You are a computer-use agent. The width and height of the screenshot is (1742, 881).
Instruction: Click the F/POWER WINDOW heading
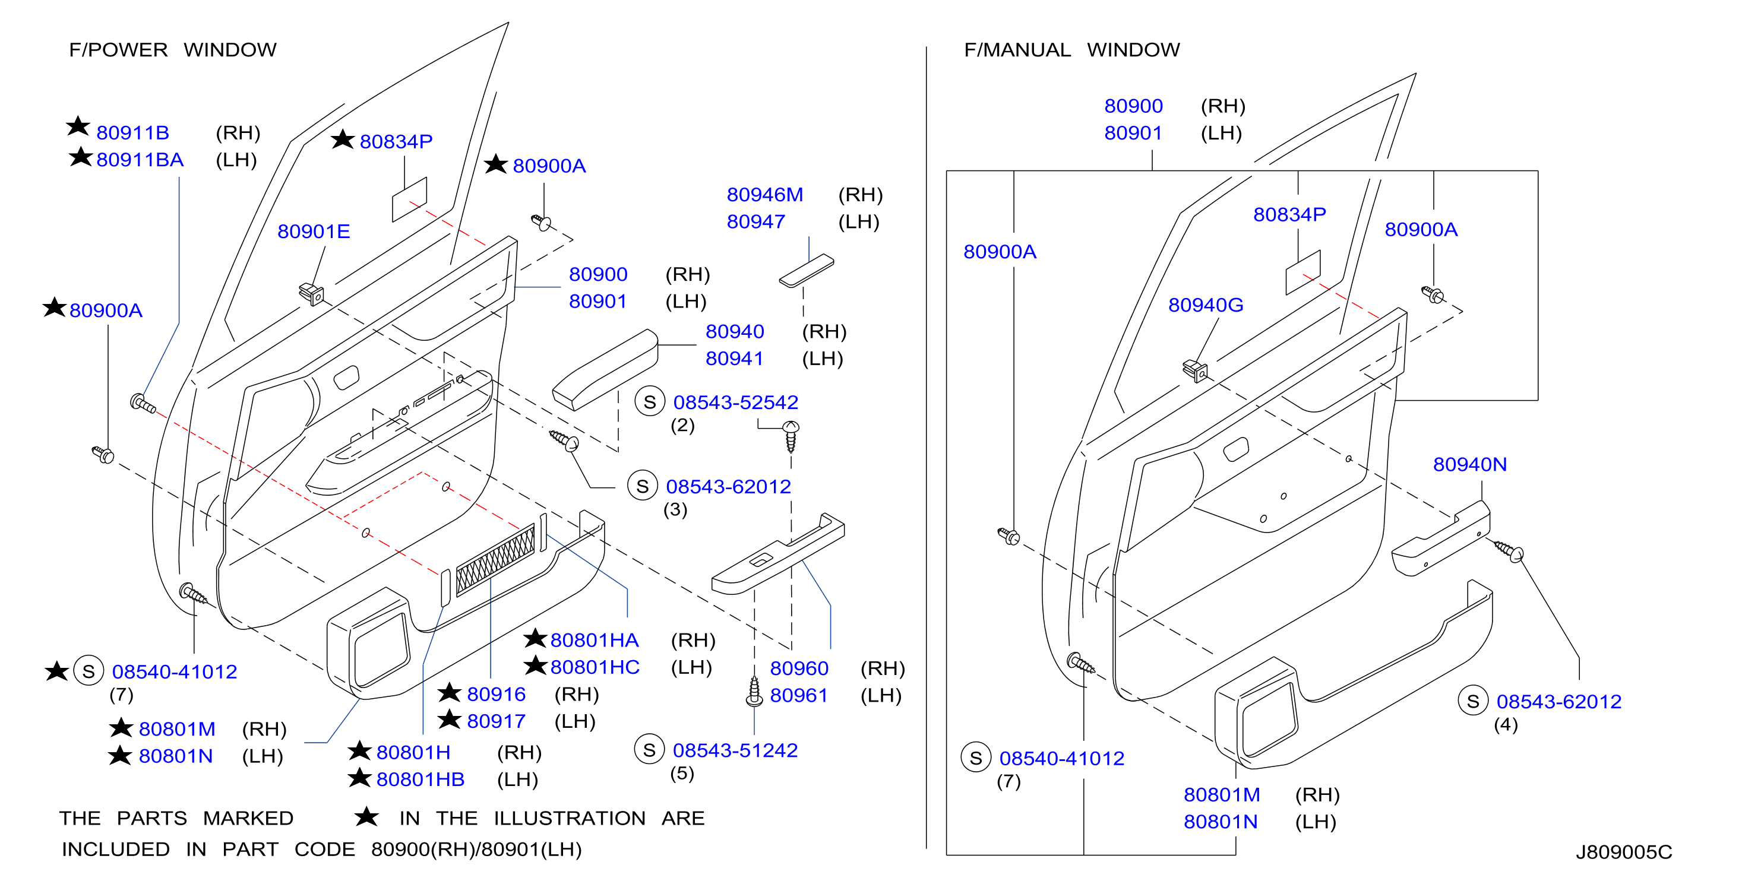pyautogui.click(x=172, y=49)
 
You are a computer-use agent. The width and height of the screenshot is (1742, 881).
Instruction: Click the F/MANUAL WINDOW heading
pyautogui.click(x=1072, y=49)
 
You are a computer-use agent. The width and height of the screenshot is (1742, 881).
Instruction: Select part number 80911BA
pyautogui.click(x=140, y=160)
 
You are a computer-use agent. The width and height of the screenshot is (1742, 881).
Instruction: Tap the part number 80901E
pyautogui.click(x=314, y=232)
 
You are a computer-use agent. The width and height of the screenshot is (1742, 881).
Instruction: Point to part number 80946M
pyautogui.click(x=765, y=195)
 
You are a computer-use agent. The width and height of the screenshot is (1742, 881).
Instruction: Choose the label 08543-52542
pyautogui.click(x=736, y=403)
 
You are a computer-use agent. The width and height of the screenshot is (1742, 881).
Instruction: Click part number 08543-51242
pyautogui.click(x=735, y=750)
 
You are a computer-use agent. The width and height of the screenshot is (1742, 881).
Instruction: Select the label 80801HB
pyautogui.click(x=421, y=779)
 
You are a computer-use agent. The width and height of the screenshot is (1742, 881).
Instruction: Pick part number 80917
pyautogui.click(x=497, y=721)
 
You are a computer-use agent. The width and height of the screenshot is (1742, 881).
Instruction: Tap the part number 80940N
pyautogui.click(x=1470, y=464)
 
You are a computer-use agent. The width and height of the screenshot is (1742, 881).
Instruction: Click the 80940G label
pyautogui.click(x=1206, y=305)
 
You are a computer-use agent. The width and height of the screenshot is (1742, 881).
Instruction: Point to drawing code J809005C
pyautogui.click(x=1624, y=852)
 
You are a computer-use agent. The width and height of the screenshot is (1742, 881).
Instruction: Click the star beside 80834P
pyautogui.click(x=343, y=140)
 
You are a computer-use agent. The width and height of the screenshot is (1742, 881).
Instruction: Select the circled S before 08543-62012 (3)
pyautogui.click(x=643, y=486)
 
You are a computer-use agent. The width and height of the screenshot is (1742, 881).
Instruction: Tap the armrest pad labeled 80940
pyautogui.click(x=605, y=370)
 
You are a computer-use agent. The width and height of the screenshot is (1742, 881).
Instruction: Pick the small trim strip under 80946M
pyautogui.click(x=806, y=271)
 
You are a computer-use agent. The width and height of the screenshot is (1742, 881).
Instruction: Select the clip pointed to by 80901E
pyautogui.click(x=312, y=294)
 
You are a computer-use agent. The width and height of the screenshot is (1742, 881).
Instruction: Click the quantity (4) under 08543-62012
pyautogui.click(x=1506, y=725)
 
